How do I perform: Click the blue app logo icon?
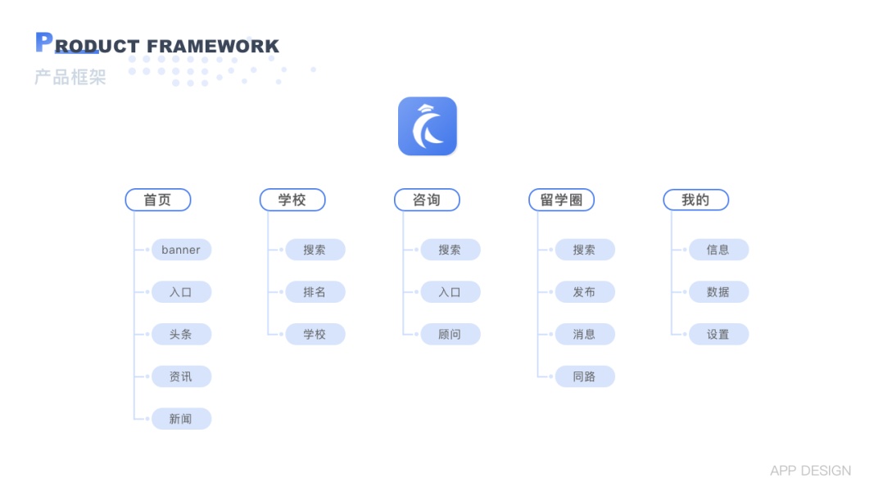tap(427, 126)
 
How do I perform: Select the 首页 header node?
tap(158, 200)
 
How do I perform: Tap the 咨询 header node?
tap(427, 200)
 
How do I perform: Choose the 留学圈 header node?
tap(561, 200)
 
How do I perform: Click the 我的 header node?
tap(695, 200)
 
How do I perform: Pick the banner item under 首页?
tap(181, 250)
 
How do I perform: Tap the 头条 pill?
tap(181, 334)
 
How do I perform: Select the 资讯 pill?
tap(181, 376)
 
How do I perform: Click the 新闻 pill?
tap(181, 419)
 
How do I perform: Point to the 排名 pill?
tap(315, 292)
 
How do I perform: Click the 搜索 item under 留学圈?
tap(584, 250)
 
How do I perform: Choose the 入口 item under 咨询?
tap(450, 292)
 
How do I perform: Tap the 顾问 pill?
tap(450, 334)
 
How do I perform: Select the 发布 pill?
tap(584, 292)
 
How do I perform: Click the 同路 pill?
tap(584, 376)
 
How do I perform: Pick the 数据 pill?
tap(718, 292)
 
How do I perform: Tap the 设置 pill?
tap(718, 334)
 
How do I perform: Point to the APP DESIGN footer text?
tap(810, 471)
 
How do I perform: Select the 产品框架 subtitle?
tap(70, 78)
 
